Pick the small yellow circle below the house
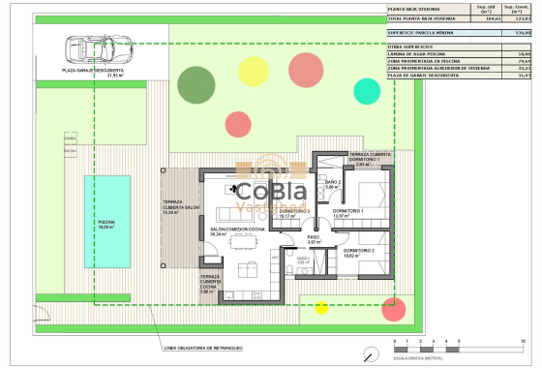[x=321, y=308]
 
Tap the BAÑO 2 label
[x=331, y=184]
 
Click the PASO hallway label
[x=314, y=238]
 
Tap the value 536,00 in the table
[x=524, y=33]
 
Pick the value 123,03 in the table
[x=524, y=18]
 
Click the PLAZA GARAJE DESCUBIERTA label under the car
[x=92, y=71]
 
